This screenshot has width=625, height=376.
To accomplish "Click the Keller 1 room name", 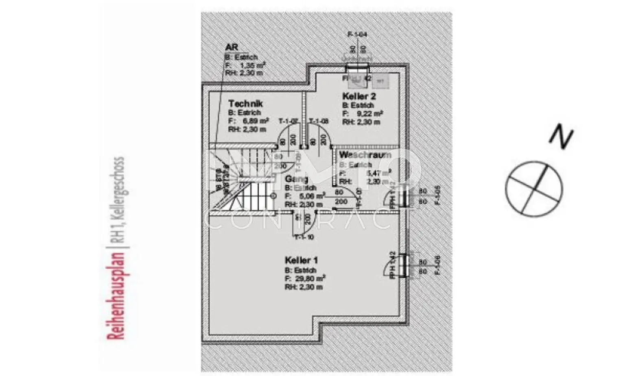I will [x=301, y=260].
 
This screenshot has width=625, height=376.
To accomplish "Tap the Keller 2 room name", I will [x=359, y=96].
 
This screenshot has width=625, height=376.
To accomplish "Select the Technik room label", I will [x=245, y=104].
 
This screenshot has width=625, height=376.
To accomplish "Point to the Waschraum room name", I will [x=365, y=155].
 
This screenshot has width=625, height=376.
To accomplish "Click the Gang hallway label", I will [x=296, y=179].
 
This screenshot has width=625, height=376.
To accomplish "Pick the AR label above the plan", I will [x=231, y=48].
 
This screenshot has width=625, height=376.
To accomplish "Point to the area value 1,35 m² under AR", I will [x=251, y=65].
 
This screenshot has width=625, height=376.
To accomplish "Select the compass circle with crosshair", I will [x=534, y=187].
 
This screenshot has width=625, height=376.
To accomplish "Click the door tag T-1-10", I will [x=304, y=237].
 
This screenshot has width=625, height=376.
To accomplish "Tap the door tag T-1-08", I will [x=319, y=121].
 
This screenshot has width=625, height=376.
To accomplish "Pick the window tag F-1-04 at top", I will [x=357, y=35].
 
